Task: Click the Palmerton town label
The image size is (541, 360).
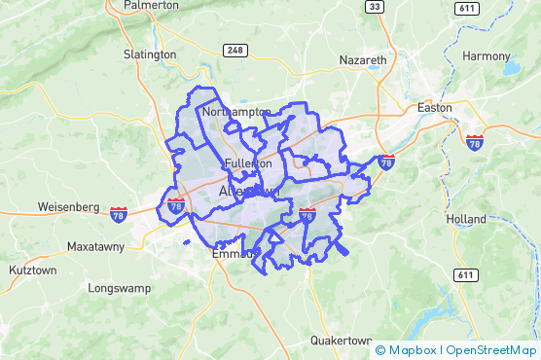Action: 151,5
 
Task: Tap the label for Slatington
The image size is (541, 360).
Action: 150,54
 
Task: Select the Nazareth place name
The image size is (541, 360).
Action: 363,60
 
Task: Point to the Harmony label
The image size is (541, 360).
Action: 486,56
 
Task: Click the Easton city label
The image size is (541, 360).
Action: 434,107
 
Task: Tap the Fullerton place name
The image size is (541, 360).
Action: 247,163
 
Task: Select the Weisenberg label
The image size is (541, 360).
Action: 68,207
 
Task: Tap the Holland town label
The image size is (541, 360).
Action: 466,220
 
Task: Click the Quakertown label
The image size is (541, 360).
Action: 342,341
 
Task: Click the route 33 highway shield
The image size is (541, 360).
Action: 374,7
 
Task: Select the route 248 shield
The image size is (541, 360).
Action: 234,50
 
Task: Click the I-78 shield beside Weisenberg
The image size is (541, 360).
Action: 119,213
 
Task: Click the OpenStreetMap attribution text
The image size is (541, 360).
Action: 490,350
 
